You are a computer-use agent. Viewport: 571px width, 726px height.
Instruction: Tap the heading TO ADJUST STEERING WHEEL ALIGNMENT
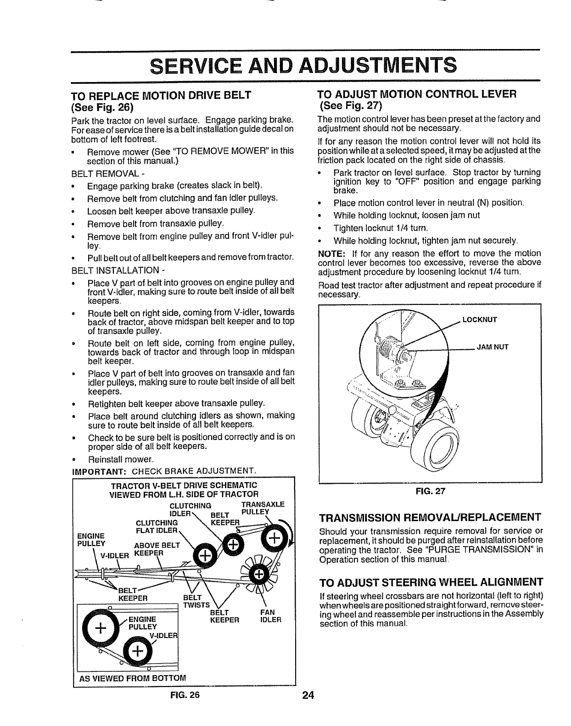(431, 582)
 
